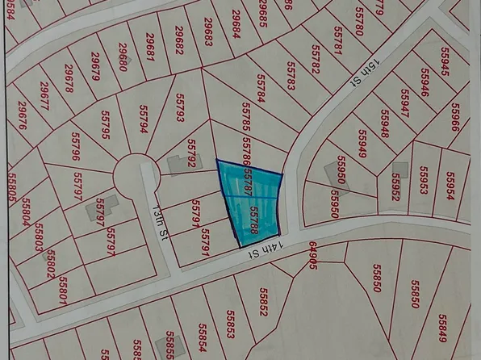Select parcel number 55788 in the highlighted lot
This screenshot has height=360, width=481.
pos(253,220)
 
